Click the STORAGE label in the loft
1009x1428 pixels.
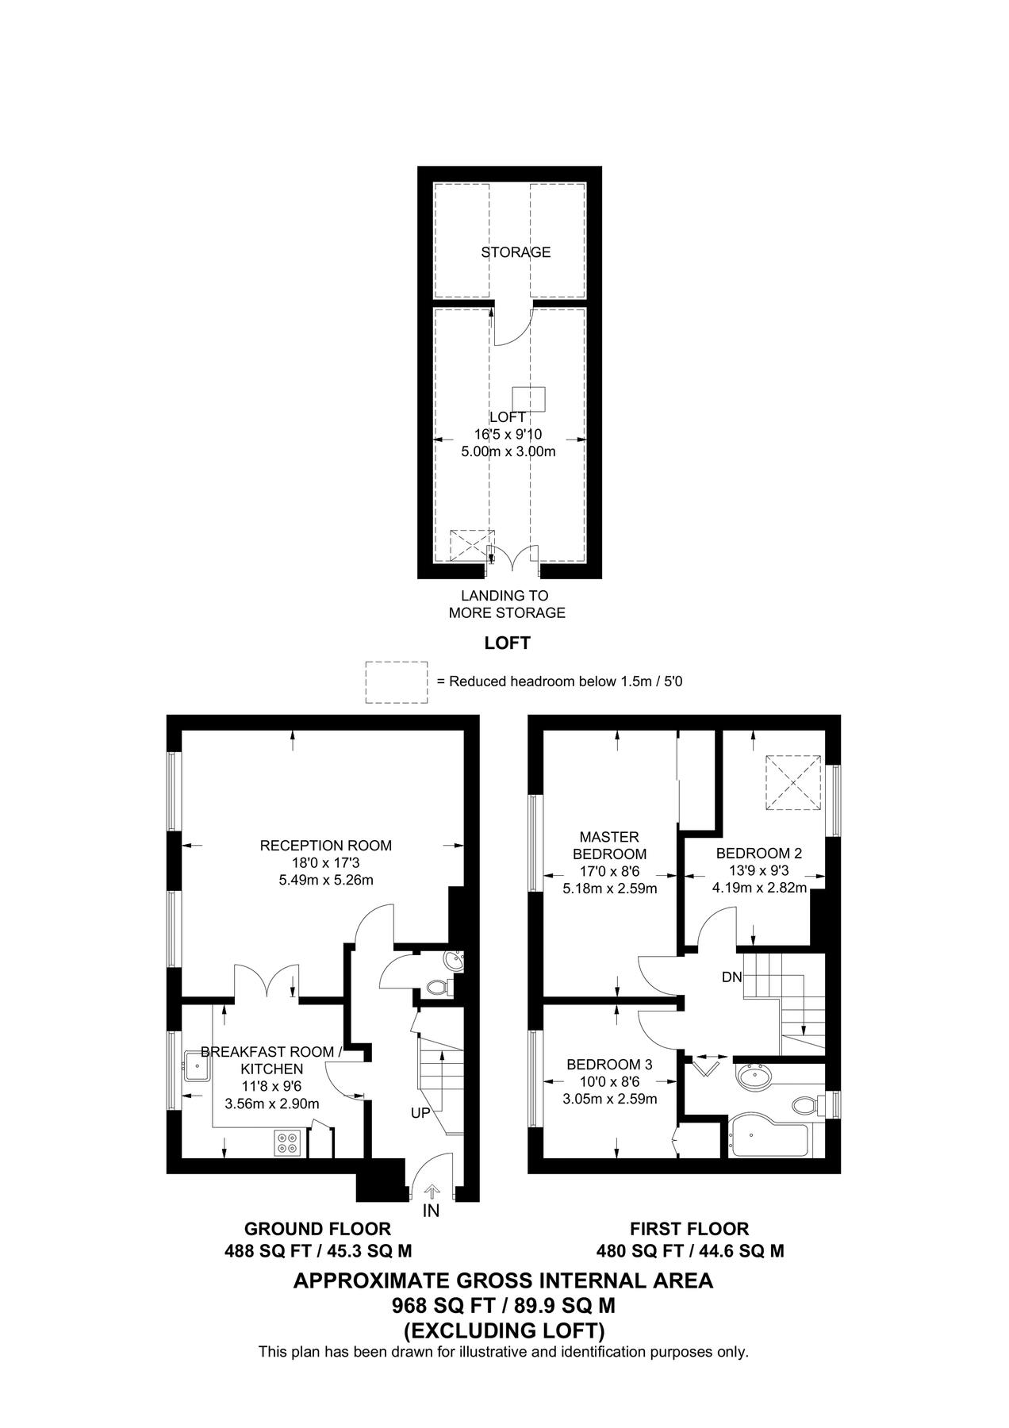coord(516,252)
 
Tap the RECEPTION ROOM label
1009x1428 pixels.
coord(325,846)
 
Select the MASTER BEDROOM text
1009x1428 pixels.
coord(609,846)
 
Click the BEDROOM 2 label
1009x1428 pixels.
coord(759,854)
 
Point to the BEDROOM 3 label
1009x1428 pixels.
coord(609,1065)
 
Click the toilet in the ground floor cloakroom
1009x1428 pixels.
coord(437,988)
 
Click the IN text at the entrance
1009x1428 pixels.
coord(431,1211)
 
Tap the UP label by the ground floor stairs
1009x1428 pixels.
coord(420,1113)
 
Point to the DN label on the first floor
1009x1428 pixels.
coord(731,977)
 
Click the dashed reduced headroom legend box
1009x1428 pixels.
coord(396,682)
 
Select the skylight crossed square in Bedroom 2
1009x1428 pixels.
coord(792,782)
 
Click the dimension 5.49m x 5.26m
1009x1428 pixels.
coord(325,880)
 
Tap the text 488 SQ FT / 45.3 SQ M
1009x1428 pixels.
coord(317,1251)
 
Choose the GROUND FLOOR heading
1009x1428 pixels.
coord(317,1229)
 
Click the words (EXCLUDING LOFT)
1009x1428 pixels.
coord(504,1330)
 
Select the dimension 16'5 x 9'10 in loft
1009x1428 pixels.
coord(508,435)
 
